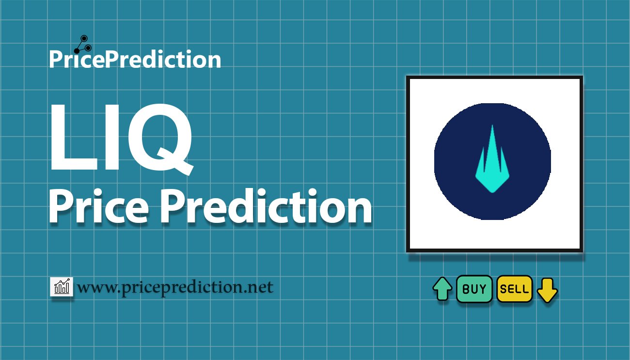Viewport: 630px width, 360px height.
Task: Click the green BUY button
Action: [x=474, y=289]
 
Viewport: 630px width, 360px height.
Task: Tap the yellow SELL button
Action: [x=514, y=289]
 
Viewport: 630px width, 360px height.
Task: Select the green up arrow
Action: [x=442, y=289]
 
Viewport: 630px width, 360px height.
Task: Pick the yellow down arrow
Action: [x=547, y=290]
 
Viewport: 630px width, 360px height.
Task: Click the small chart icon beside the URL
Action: [x=62, y=286]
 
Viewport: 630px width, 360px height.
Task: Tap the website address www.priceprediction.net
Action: [x=175, y=287]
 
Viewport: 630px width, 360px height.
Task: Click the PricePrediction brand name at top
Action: [x=135, y=60]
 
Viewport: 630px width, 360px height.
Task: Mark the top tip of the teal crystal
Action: [x=492, y=127]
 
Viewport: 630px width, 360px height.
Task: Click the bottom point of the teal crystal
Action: [x=492, y=192]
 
